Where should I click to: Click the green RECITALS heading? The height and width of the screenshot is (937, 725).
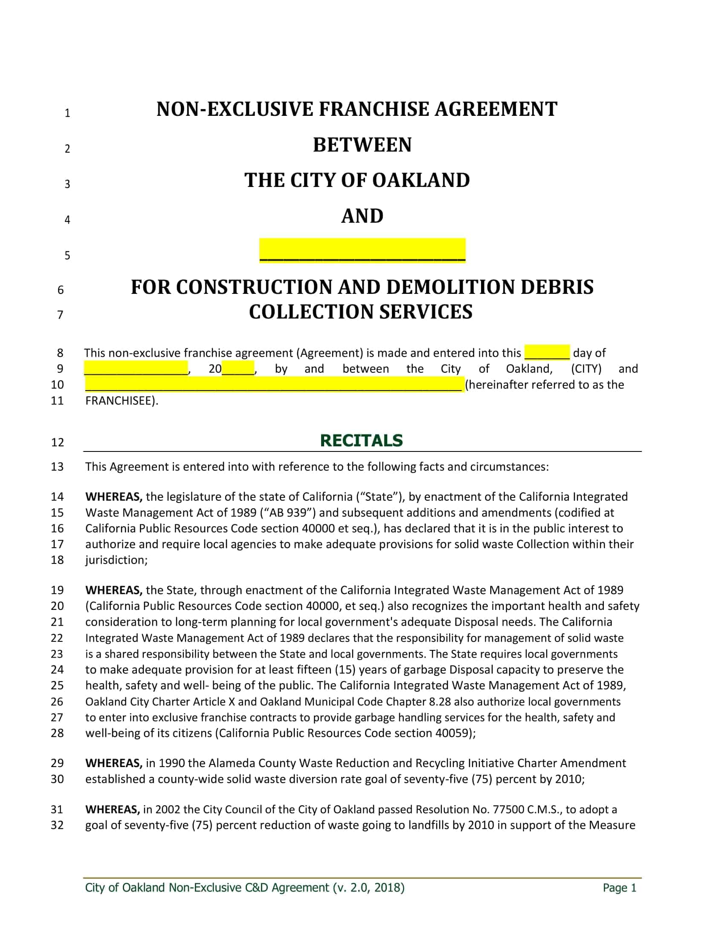[x=361, y=441]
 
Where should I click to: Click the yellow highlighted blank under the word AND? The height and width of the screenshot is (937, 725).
[x=362, y=250]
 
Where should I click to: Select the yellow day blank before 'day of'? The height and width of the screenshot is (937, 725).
[x=547, y=352]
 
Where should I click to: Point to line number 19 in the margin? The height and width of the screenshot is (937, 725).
[x=57, y=590]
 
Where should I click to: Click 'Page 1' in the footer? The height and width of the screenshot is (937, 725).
[x=619, y=888]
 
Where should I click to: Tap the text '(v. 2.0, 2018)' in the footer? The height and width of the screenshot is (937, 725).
[x=368, y=887]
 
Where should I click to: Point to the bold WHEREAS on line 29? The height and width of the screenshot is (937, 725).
[x=113, y=763]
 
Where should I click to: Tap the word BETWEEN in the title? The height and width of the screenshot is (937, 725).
[x=362, y=145]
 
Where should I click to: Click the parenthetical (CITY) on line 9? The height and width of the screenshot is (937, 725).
[x=586, y=369]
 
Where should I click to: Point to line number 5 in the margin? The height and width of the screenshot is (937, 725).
[x=67, y=256]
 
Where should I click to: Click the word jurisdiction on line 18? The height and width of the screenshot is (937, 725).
[x=115, y=560]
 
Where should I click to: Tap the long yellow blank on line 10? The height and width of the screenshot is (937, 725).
[x=274, y=385]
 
